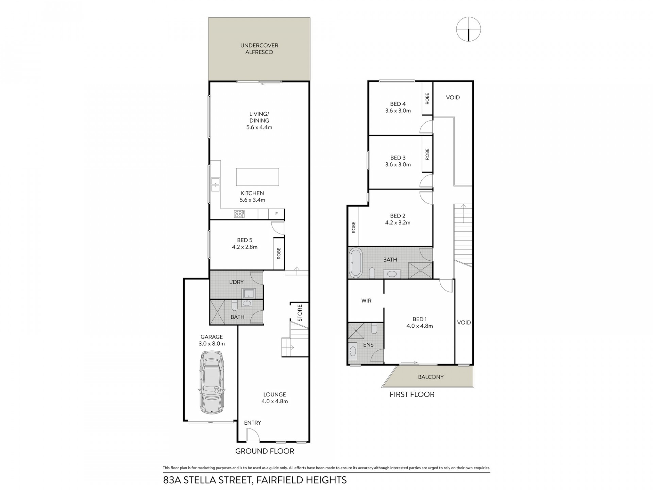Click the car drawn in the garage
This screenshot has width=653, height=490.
tap(212, 382)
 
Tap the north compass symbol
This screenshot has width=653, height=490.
tap(468, 29)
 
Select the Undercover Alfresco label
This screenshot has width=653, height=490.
tap(259, 49)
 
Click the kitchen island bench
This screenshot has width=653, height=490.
tap(257, 177)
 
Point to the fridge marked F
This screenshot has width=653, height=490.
tap(277, 214)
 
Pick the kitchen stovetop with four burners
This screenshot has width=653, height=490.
tap(239, 214)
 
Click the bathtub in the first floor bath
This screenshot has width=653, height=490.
tap(356, 263)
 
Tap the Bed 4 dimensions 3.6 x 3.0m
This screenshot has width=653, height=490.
tap(398, 111)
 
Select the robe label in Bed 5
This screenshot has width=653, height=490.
tap(279, 253)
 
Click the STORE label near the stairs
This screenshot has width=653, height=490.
tap(300, 313)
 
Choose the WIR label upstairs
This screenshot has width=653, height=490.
tap(366, 301)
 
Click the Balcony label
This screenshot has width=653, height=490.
tap(431, 377)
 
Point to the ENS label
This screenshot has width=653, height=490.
tap(368, 345)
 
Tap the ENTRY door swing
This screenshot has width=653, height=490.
tap(253, 434)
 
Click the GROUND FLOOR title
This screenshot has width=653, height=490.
tap(265, 451)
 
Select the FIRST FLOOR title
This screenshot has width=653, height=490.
tap(412, 394)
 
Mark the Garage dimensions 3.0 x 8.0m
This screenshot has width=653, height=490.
tap(212, 344)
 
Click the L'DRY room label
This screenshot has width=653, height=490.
tap(236, 282)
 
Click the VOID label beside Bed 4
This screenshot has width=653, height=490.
tap(453, 98)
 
